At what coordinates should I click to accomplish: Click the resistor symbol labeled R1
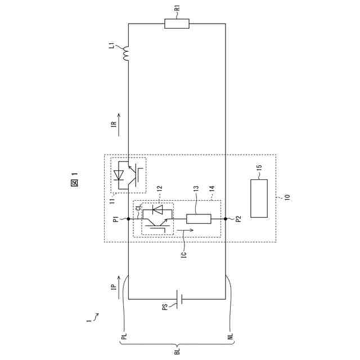pos(177,24)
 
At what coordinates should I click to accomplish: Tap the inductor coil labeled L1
pos(126,54)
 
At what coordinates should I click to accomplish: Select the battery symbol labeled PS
pos(179,299)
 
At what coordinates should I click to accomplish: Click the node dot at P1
pos(128,219)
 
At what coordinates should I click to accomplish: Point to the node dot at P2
pos(226,219)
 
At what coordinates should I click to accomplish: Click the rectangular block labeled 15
pos(259,199)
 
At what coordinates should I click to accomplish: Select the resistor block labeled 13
pos(199,219)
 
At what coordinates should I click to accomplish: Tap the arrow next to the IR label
pos(119,125)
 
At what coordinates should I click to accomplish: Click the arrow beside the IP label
pos(119,287)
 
